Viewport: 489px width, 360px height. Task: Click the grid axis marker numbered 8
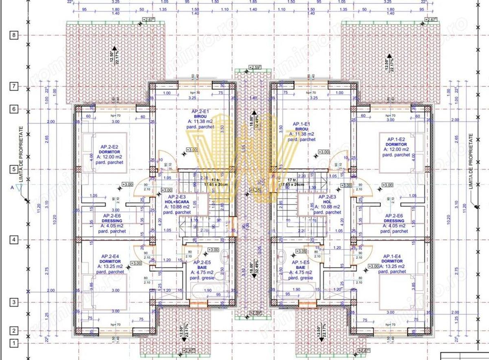point(14,35)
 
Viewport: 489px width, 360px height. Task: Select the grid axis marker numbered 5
point(14,169)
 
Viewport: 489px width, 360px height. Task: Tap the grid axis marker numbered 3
point(14,302)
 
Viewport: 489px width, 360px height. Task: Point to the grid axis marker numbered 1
point(14,344)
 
